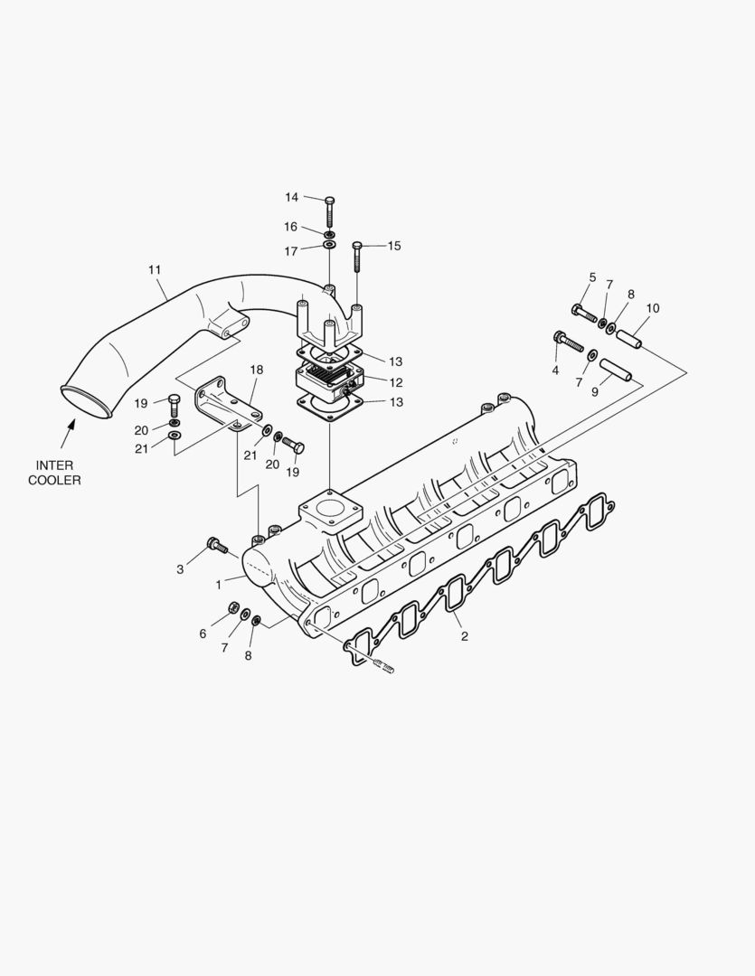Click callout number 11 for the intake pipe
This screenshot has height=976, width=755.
point(155,269)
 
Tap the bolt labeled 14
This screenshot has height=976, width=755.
point(330,213)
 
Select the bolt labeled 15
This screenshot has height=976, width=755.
point(357,257)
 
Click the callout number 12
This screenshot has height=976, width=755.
point(395,382)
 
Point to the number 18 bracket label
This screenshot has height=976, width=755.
point(256,369)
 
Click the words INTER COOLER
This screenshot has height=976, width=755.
point(54,473)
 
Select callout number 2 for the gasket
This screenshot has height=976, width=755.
point(464,636)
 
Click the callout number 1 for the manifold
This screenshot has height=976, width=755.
point(219,585)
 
